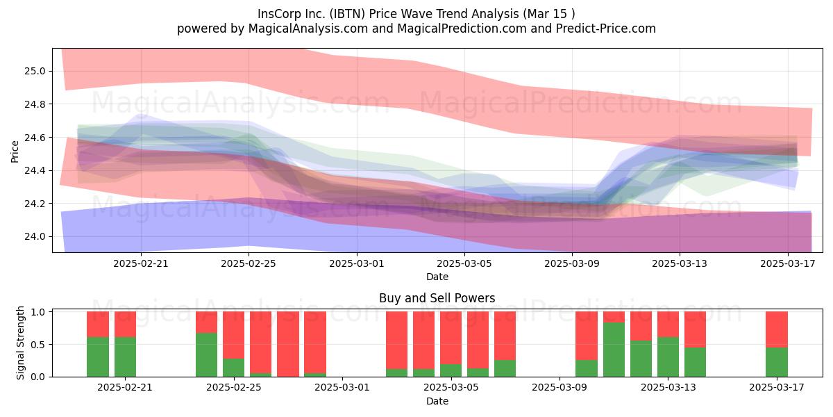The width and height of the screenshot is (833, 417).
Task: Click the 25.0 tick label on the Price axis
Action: (35, 71)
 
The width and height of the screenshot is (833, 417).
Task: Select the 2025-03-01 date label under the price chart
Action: (357, 263)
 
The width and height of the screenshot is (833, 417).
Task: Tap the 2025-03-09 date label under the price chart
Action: (572, 263)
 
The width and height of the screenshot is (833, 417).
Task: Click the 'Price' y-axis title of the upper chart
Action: (15, 152)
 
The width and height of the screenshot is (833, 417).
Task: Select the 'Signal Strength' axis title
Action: (20, 343)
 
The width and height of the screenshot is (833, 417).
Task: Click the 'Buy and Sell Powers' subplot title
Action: (437, 298)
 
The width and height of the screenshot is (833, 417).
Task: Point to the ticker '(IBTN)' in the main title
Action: (347, 14)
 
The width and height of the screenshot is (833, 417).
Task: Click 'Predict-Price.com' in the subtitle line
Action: (606, 28)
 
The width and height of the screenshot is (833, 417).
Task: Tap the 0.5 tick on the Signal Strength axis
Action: (37, 345)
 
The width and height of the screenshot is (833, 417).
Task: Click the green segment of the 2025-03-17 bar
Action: (777, 362)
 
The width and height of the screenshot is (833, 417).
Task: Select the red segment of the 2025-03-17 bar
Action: (777, 329)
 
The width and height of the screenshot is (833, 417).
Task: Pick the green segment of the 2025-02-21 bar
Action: (125, 357)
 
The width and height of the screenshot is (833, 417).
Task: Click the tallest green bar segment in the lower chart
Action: (614, 350)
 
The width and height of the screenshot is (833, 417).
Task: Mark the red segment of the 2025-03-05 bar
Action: (451, 338)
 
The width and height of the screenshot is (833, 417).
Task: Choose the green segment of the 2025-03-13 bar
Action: (668, 357)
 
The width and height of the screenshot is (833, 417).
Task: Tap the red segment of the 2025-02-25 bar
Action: (233, 335)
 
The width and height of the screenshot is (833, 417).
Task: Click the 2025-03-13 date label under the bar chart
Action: (668, 388)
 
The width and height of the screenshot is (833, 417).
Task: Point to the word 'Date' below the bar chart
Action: (437, 401)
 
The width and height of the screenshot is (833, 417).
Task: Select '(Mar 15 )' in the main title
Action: (549, 14)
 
